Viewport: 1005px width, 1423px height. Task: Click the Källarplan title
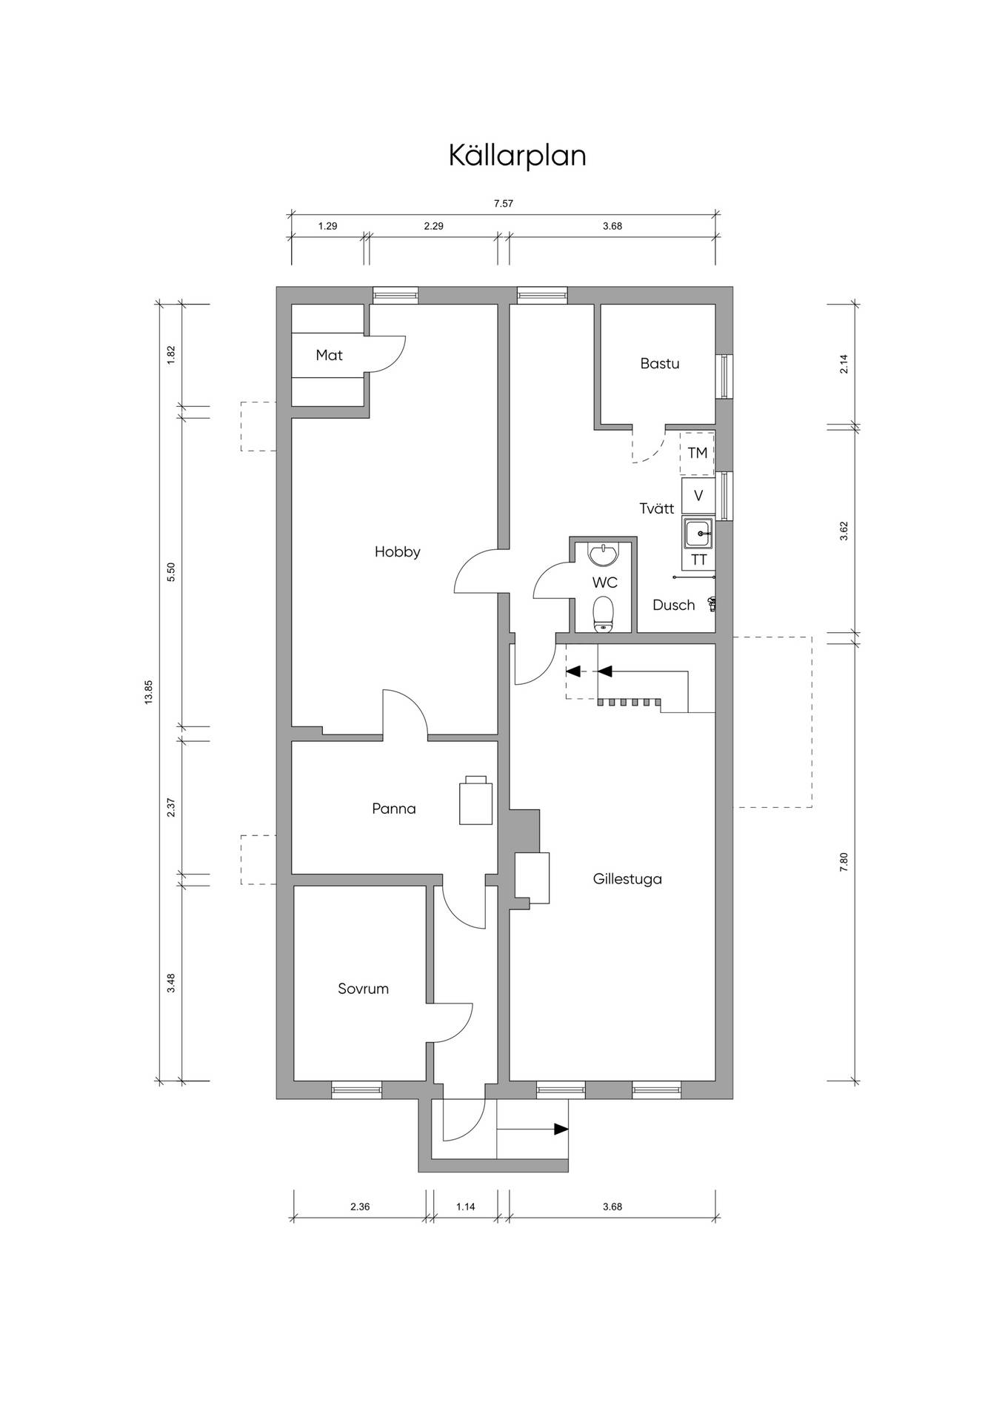tap(518, 156)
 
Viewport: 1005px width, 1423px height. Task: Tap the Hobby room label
tap(398, 552)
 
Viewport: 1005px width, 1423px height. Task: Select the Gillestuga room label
tap(627, 879)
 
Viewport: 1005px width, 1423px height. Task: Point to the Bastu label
tap(660, 364)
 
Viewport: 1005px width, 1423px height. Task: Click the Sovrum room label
tap(363, 989)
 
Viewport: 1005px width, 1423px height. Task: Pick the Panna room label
tap(394, 809)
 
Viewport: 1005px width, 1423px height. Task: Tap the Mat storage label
tap(330, 355)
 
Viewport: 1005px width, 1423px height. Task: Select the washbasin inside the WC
tap(604, 554)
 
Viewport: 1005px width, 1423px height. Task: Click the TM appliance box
tap(698, 453)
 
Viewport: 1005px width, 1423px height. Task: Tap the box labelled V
tap(698, 496)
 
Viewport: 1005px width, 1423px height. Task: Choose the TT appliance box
tap(699, 560)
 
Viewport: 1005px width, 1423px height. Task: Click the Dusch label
tap(674, 606)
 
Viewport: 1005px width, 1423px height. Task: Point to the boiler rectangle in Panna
tap(476, 803)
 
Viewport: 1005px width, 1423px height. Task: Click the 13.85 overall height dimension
tap(148, 692)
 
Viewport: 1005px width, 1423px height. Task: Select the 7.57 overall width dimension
tap(504, 204)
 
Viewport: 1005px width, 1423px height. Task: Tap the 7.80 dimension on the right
tap(844, 863)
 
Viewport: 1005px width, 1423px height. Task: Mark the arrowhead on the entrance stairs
tap(561, 1130)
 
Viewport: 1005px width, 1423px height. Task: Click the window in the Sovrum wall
tap(356, 1089)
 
